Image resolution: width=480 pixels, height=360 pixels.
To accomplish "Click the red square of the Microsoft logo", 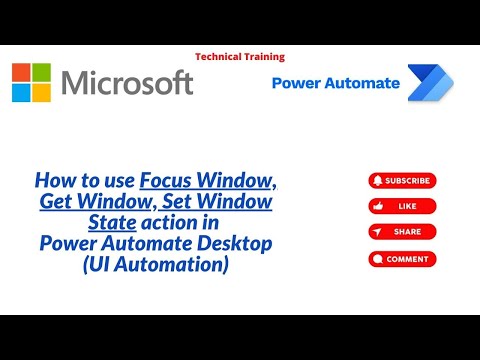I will click(x=22, y=73).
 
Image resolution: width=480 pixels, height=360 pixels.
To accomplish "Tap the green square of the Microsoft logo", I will click(x=41, y=73).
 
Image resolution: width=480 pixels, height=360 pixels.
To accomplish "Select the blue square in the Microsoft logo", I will click(x=22, y=93).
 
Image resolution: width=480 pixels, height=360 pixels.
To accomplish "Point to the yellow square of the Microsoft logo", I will click(x=41, y=93).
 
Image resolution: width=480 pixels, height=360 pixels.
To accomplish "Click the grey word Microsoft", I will click(x=127, y=83).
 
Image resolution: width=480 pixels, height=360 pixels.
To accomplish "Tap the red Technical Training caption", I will click(x=240, y=57).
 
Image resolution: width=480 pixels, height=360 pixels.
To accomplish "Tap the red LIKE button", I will click(x=402, y=206).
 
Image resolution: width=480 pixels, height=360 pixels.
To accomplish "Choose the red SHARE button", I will click(x=402, y=231).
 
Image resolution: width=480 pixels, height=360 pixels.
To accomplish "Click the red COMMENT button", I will click(x=402, y=259).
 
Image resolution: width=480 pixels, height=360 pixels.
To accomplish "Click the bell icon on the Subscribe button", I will click(x=377, y=181).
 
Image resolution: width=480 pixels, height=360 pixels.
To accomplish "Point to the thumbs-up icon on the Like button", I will click(x=377, y=206).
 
